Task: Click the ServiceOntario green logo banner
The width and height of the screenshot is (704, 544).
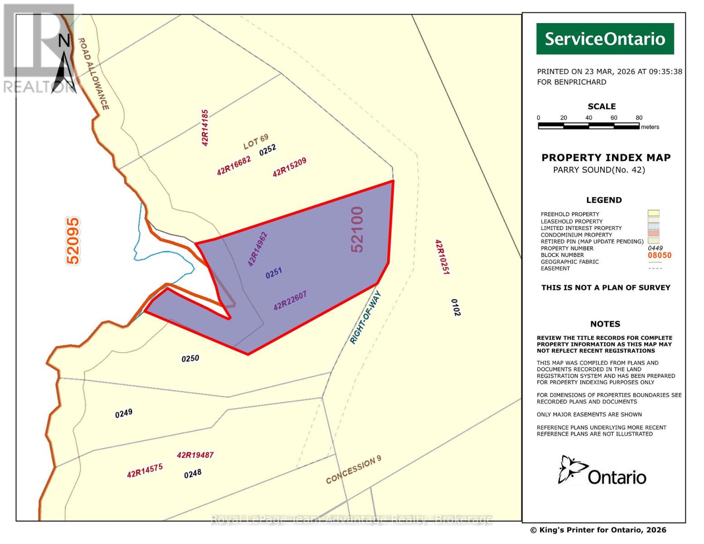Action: [605, 39]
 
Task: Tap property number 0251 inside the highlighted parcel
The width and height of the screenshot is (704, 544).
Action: [274, 273]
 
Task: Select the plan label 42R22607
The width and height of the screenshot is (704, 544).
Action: [290, 301]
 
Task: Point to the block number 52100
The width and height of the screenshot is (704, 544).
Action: [357, 229]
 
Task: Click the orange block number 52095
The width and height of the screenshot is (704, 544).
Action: [73, 241]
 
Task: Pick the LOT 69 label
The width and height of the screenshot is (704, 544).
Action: [256, 141]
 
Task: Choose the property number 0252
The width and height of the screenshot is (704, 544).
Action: [267, 150]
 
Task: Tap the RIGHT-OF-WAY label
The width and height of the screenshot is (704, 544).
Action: [366, 318]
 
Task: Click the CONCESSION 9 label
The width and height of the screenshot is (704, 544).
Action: [354, 470]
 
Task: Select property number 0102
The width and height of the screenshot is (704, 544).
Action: [456, 307]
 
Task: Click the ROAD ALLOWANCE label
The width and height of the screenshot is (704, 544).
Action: [93, 73]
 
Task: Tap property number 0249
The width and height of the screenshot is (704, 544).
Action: [124, 413]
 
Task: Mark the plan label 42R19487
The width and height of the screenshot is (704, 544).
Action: [195, 455]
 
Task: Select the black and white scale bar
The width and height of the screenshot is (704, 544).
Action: [588, 126]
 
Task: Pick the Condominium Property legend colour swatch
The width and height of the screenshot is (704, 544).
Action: [653, 233]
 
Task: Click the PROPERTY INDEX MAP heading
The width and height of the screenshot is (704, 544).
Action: [606, 158]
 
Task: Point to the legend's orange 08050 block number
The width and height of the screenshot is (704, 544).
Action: [659, 255]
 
